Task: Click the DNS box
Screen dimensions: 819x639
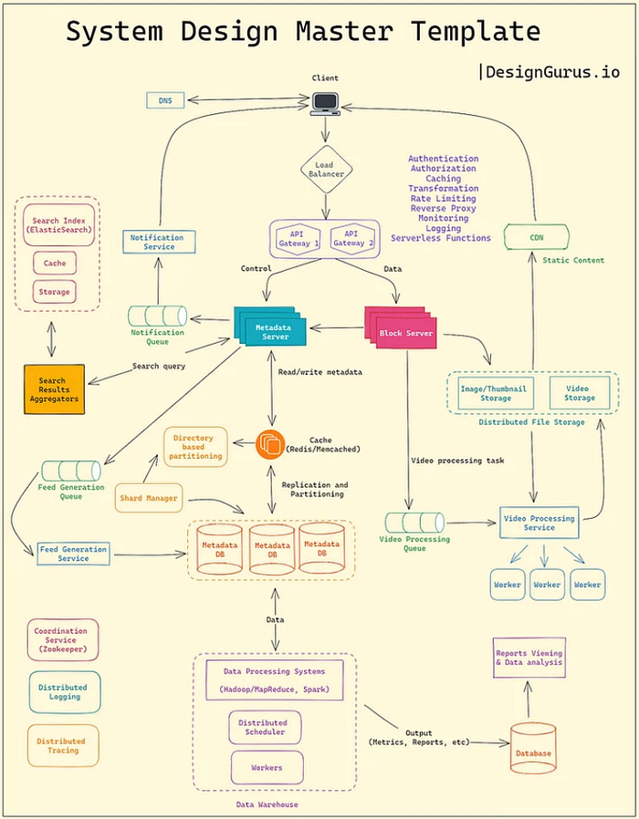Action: point(165,99)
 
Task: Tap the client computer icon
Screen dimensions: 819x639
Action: point(325,103)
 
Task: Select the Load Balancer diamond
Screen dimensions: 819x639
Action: point(325,171)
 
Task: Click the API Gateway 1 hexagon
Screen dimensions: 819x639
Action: point(296,238)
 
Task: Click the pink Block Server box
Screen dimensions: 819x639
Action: point(403,333)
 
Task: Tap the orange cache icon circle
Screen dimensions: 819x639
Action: point(271,444)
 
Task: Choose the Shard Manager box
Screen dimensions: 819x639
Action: point(148,498)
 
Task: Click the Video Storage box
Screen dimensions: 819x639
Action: point(579,393)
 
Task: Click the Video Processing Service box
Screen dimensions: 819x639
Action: point(539,523)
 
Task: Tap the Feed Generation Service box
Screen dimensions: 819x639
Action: point(73,554)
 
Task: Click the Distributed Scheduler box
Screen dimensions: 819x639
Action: point(263,727)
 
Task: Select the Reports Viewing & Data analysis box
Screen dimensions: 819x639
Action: point(529,658)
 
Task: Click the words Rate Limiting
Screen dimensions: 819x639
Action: point(442,198)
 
